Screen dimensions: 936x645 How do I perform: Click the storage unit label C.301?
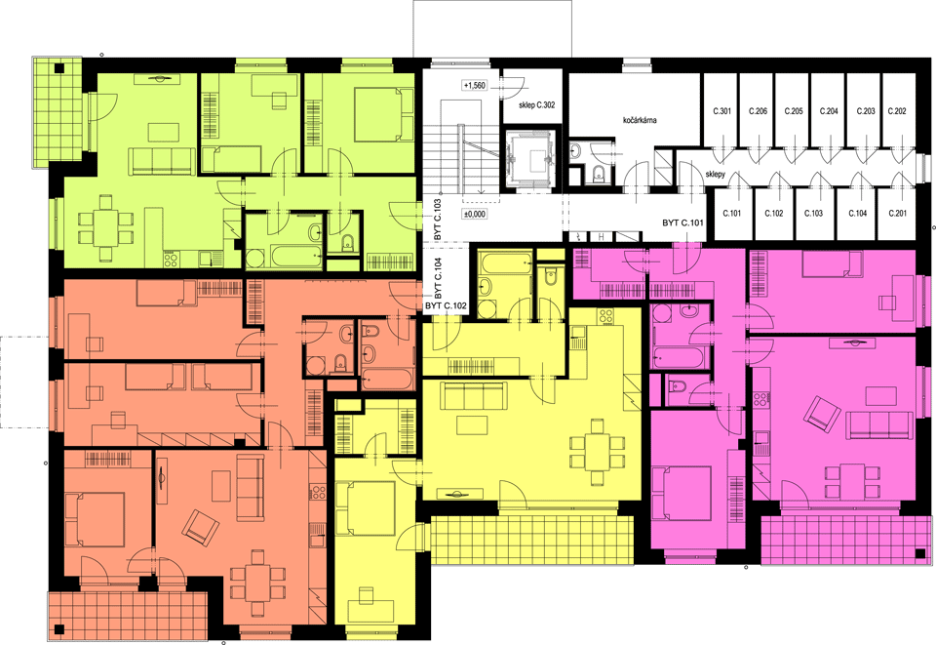point(721,111)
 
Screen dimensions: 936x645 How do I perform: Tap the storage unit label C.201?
point(897,213)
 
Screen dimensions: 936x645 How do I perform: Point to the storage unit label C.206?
point(758,111)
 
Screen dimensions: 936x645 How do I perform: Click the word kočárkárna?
point(640,120)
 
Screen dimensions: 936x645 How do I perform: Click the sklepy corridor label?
point(715,175)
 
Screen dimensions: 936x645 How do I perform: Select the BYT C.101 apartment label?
point(682,222)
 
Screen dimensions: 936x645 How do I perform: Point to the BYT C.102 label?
point(446,305)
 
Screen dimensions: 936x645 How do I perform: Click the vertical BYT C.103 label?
point(438,221)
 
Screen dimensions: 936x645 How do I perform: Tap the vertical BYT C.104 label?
point(438,278)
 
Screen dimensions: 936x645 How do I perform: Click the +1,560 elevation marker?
point(474,86)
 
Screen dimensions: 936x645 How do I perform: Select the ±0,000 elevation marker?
point(475,214)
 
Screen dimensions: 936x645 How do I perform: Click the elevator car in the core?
point(527,158)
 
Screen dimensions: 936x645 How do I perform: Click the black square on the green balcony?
point(59,68)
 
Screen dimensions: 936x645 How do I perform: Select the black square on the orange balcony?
point(59,628)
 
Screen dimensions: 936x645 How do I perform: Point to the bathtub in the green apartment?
point(297,256)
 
